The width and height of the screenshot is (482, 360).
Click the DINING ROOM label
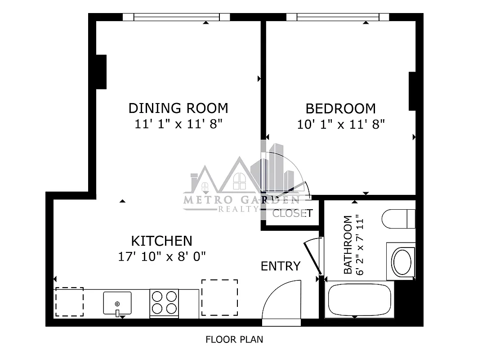coord(178,108)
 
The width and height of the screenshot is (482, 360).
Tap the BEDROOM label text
coord(340,109)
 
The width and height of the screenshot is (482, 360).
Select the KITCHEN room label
coord(161,241)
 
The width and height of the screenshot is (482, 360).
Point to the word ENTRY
coord(280,266)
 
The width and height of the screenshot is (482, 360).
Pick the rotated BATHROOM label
coord(348,245)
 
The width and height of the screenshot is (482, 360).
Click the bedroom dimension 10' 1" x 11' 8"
coord(341,124)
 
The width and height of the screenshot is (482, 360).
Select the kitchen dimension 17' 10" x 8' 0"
coord(161,256)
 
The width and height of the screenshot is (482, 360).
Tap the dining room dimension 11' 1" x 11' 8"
coord(179,124)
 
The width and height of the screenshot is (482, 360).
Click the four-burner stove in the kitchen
coord(164,302)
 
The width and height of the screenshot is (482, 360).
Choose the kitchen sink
coord(117,303)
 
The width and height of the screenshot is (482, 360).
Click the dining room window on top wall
coord(176,17)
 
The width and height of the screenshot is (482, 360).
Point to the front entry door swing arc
coord(281,300)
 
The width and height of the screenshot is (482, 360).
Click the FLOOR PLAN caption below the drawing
coord(234,339)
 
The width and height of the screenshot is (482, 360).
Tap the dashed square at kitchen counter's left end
coord(69,301)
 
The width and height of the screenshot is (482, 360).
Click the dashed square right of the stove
coord(219,297)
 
